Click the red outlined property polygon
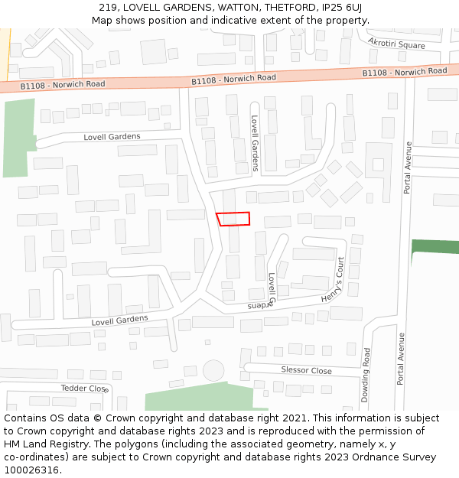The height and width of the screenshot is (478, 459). click(x=233, y=219)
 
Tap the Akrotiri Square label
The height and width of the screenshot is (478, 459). click(x=396, y=44)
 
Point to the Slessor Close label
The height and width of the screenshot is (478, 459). click(x=306, y=370)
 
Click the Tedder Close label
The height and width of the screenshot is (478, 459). click(x=85, y=389)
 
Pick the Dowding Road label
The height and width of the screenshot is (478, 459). click(x=366, y=375)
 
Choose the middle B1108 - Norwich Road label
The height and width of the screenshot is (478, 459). click(x=233, y=79)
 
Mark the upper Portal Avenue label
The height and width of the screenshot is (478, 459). click(x=409, y=167)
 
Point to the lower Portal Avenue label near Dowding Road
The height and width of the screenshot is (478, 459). click(x=401, y=357)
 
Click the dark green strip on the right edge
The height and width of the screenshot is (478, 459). click(x=435, y=246)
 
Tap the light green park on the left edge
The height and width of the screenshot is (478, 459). click(x=15, y=138)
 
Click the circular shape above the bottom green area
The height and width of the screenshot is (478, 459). click(x=213, y=370)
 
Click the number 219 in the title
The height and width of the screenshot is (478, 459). click(x=108, y=8)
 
